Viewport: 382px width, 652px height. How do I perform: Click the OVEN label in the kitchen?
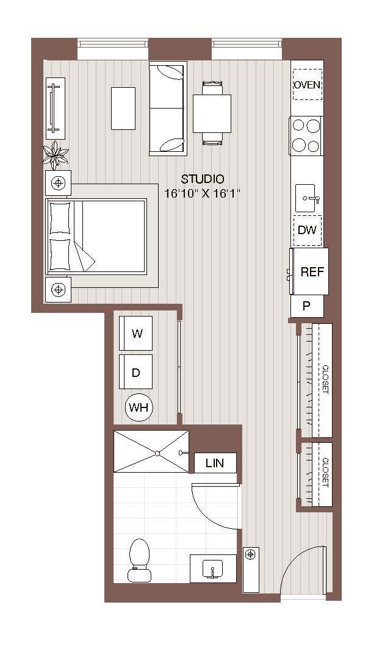pos(307,85)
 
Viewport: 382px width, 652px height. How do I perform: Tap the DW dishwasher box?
pos(307,230)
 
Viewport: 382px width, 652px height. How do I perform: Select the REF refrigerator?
pos(311,272)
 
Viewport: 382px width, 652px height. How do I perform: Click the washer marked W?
pos(137,334)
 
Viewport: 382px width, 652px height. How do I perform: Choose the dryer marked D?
pos(136,372)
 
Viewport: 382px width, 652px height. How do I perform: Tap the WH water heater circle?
pos(139,407)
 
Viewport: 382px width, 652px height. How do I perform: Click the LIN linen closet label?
pos(215,464)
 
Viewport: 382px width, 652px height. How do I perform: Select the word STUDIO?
pos(203,179)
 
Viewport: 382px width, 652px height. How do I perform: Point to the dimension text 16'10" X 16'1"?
pos(203,193)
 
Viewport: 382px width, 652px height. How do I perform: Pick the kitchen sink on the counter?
pos(309,198)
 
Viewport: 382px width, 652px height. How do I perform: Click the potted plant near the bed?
pos(56,154)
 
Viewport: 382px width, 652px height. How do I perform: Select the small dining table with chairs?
pos(212,113)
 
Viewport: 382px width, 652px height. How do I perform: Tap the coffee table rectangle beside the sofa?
pos(123,109)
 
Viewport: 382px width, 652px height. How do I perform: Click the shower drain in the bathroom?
pos(157,453)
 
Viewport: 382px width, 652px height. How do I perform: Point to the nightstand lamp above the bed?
pos(59,182)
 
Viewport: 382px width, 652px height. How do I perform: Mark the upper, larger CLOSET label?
pos(325,379)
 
